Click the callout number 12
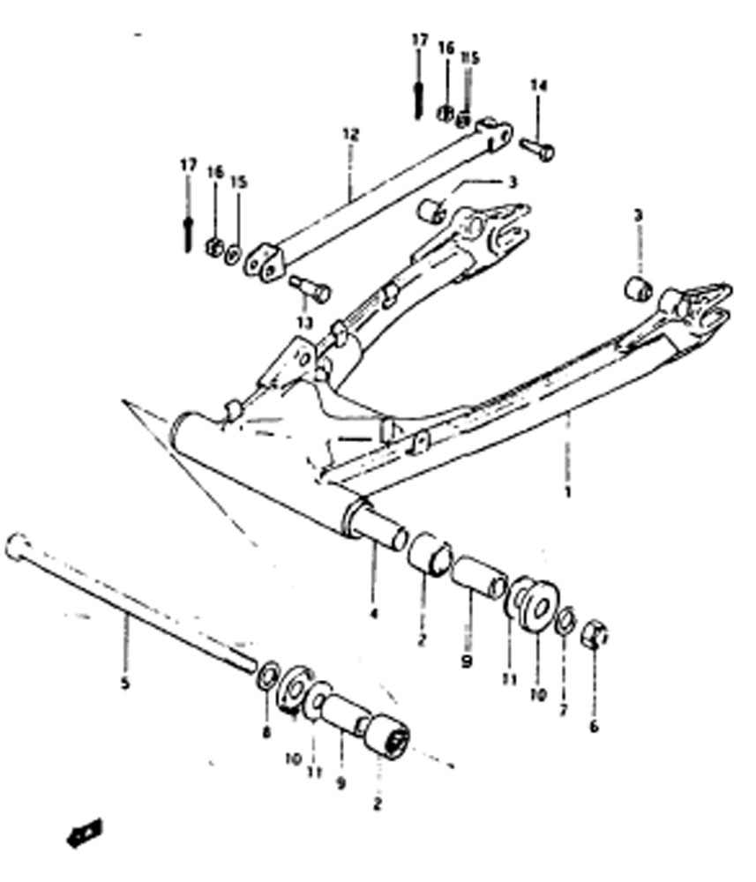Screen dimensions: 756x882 [x=350, y=135]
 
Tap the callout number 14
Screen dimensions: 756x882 [x=538, y=86]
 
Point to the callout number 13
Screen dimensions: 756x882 [x=304, y=322]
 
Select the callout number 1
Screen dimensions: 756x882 [x=567, y=493]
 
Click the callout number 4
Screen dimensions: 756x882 [x=373, y=613]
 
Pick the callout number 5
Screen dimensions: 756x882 [x=125, y=684]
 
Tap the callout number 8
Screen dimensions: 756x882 [x=266, y=732]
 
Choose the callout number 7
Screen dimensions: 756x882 [x=564, y=709]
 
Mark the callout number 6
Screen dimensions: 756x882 [x=594, y=726]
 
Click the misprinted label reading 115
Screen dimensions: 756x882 [x=470, y=58]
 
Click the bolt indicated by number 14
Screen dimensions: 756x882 [x=536, y=148]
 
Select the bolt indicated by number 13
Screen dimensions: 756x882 [x=310, y=288]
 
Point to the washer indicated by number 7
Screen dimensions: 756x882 [x=565, y=619]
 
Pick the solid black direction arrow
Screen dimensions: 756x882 [x=85, y=832]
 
